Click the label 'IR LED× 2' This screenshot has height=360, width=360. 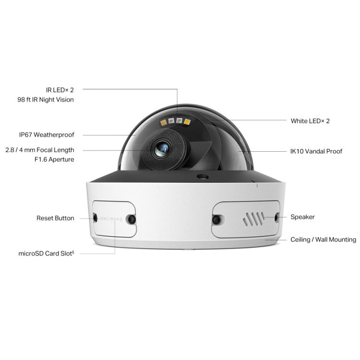(x=60, y=90)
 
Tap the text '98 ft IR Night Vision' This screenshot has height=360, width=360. (x=46, y=100)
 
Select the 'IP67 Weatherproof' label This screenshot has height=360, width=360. (x=47, y=135)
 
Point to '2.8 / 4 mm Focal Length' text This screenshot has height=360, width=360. (x=40, y=150)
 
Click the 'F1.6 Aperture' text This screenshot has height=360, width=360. (x=54, y=159)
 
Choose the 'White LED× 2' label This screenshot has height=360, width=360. (x=310, y=121)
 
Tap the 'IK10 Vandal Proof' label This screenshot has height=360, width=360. (x=316, y=151)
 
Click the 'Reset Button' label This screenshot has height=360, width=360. (x=55, y=218)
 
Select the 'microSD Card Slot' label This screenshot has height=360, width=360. (x=46, y=253)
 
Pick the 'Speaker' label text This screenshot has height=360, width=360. (x=302, y=217)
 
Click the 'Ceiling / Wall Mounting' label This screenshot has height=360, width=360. (x=323, y=240)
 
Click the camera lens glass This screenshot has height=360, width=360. (x=162, y=148)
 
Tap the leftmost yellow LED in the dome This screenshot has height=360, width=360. (x=163, y=122)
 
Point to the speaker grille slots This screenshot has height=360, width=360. (x=253, y=219)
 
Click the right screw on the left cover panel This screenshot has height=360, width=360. (x=132, y=219)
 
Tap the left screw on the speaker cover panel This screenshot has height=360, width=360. (x=216, y=219)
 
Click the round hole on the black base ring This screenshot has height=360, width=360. (x=203, y=177)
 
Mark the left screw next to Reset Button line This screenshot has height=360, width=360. (x=96, y=217)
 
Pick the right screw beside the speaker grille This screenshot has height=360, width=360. (x=276, y=217)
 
